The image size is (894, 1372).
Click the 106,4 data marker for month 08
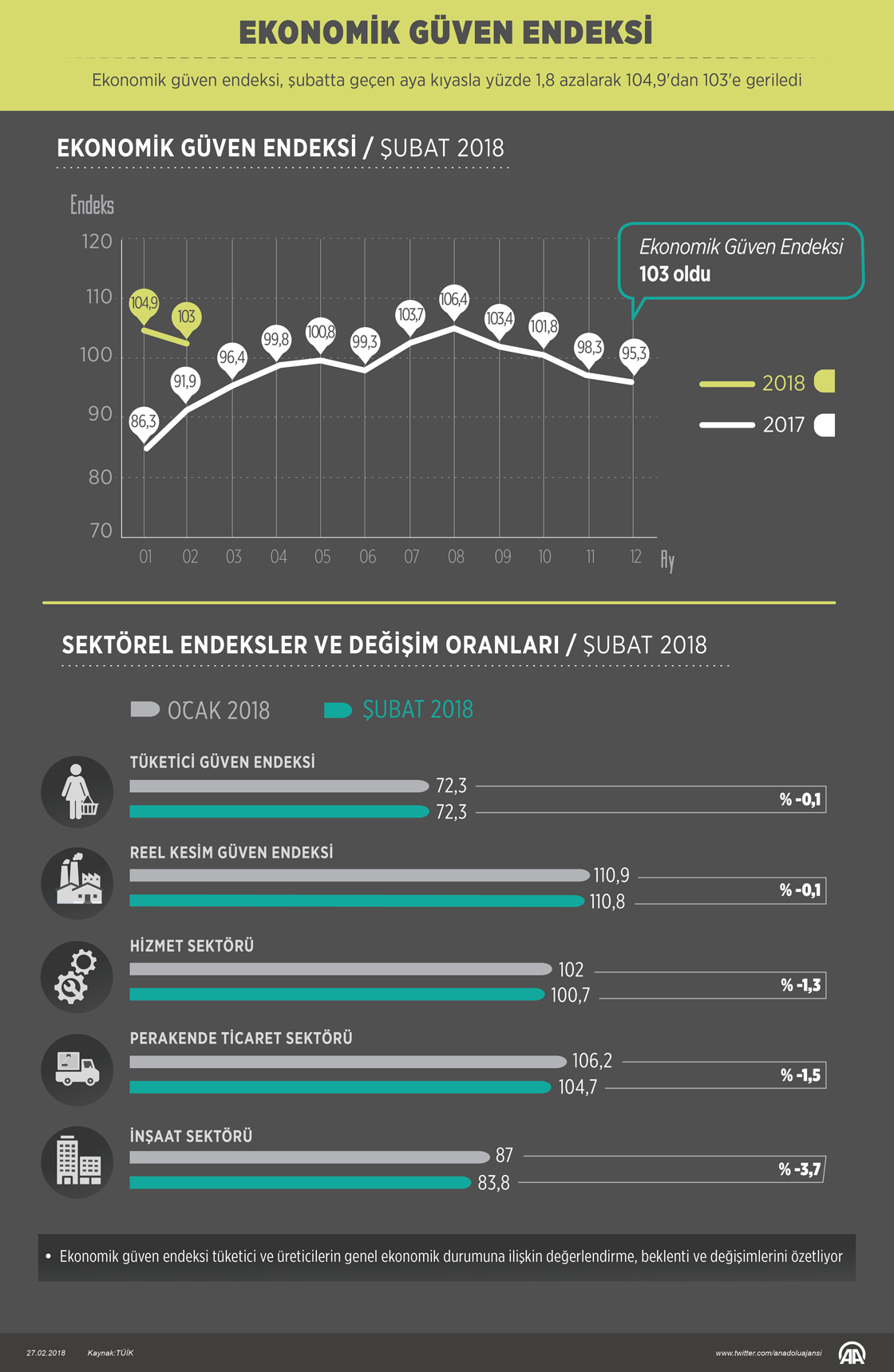click(x=454, y=300)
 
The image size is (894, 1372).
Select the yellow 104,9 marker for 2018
click(x=144, y=303)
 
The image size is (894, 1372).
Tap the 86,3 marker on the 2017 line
click(x=144, y=421)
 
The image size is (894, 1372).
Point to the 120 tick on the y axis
click(x=97, y=242)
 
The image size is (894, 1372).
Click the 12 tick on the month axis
click(x=635, y=557)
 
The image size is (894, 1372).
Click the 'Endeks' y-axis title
click(x=92, y=206)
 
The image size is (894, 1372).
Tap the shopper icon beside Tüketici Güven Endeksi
click(x=77, y=791)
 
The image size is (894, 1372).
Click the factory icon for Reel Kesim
click(x=77, y=883)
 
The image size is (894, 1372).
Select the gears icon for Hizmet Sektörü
click(x=77, y=977)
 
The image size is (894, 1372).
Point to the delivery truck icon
click(x=77, y=1070)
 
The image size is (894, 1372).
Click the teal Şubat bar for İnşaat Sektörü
click(x=300, y=1183)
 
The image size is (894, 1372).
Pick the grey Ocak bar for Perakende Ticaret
click(x=348, y=1062)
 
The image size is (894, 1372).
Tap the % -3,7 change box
click(x=800, y=1169)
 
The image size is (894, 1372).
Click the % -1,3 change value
click(x=801, y=985)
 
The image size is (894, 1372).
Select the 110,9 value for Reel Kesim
click(x=611, y=876)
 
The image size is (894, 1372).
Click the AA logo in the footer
click(x=852, y=1353)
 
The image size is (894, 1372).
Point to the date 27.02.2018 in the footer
click(x=46, y=1353)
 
